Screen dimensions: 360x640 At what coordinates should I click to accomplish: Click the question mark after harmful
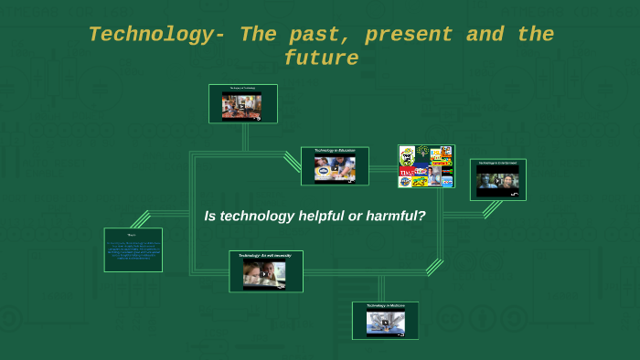pyautogui.click(x=421, y=217)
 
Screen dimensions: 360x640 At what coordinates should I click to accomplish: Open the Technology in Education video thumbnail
pyautogui.click(x=335, y=170)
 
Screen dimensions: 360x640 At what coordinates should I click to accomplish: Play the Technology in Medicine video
pyautogui.click(x=385, y=323)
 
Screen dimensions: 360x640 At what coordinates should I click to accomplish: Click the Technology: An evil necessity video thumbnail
pyautogui.click(x=264, y=275)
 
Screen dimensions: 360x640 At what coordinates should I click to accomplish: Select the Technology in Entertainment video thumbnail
pyautogui.click(x=497, y=182)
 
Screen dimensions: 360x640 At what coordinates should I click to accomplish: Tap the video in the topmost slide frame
pyautogui.click(x=242, y=106)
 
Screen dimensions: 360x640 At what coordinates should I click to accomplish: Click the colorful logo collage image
pyautogui.click(x=426, y=166)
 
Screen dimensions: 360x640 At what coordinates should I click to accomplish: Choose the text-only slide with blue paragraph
pyautogui.click(x=133, y=249)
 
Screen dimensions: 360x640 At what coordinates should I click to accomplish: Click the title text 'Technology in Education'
pyautogui.click(x=335, y=151)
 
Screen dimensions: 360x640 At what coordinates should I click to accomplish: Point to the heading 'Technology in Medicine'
pyautogui.click(x=385, y=306)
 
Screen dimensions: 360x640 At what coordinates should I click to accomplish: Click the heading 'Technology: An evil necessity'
pyautogui.click(x=265, y=255)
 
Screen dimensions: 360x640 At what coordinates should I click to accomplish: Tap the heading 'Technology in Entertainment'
pyautogui.click(x=498, y=164)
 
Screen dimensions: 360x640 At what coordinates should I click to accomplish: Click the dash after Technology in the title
pyautogui.click(x=219, y=36)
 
